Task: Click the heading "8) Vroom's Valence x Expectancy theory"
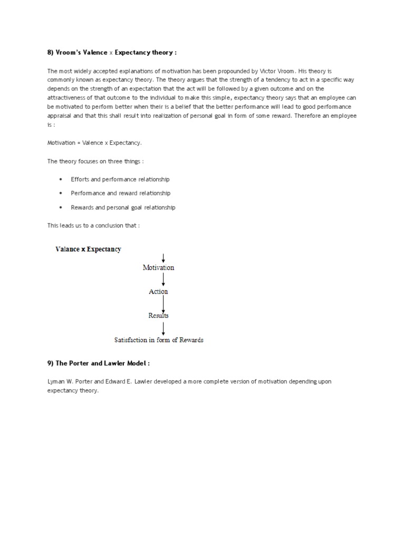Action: (x=112, y=52)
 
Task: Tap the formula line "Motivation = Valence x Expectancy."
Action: (x=95, y=143)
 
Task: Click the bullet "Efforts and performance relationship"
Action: (x=120, y=180)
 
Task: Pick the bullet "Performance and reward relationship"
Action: (x=121, y=193)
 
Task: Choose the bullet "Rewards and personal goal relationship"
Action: (x=123, y=208)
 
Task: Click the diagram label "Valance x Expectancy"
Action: (x=88, y=249)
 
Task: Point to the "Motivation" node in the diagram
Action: (x=158, y=267)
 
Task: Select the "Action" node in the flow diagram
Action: (x=158, y=292)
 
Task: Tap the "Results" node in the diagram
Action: (x=158, y=315)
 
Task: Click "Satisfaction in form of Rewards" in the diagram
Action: (x=159, y=340)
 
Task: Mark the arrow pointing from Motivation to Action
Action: (x=163, y=279)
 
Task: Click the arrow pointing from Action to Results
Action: (x=163, y=303)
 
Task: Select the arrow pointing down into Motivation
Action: (x=163, y=257)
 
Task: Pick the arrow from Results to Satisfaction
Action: (x=163, y=328)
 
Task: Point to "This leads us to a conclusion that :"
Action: (x=94, y=226)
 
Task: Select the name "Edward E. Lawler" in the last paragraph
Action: (x=129, y=381)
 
